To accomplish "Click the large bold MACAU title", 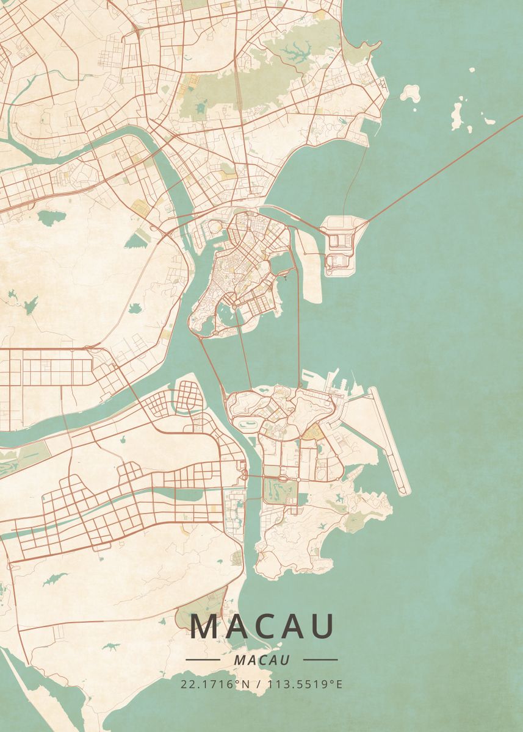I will [x=263, y=626].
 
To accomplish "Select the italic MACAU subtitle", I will [x=261, y=660].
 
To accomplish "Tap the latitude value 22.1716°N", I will [x=215, y=684].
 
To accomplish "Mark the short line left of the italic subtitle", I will [x=203, y=660].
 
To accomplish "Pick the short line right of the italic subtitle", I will [x=320, y=660].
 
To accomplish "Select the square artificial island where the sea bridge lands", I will [x=342, y=245].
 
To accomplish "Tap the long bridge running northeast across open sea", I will [x=439, y=167].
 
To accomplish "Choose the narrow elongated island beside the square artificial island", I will [x=311, y=274].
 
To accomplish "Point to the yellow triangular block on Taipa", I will [x=312, y=433].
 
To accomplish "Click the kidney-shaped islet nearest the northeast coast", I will [x=411, y=93].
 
